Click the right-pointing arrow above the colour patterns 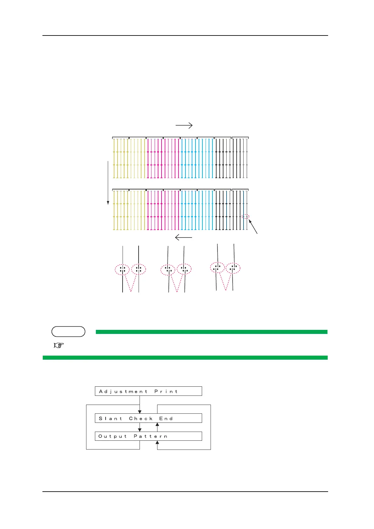pos(184,125)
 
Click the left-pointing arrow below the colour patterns pos(183,237)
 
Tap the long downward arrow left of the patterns pos(108,183)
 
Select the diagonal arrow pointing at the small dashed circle pos(253,227)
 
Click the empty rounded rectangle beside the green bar pos(68,332)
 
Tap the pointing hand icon pos(58,345)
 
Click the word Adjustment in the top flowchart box pos(123,391)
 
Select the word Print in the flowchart pos(166,391)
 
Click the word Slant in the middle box pos(110,419)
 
